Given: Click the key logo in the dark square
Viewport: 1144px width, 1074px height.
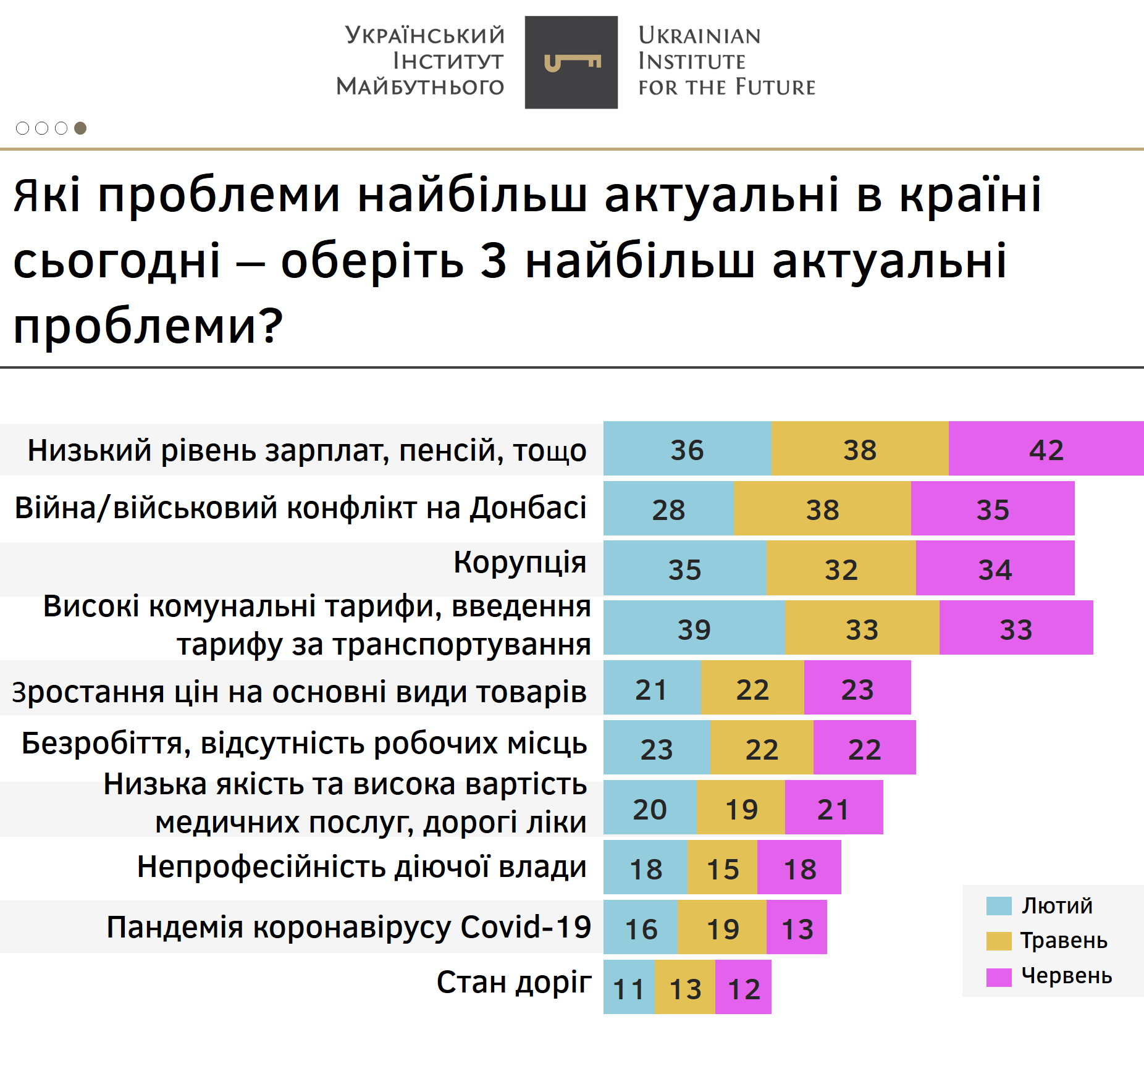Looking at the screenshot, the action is tap(572, 62).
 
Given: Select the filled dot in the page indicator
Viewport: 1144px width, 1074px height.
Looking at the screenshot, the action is tap(80, 128).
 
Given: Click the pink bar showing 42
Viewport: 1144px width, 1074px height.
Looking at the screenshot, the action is tap(1046, 448).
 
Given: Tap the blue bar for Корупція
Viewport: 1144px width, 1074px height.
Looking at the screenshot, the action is tap(685, 568).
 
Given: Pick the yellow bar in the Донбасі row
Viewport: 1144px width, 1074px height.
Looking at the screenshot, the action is tap(822, 508).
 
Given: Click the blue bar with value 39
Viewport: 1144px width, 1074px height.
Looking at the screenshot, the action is tap(694, 627).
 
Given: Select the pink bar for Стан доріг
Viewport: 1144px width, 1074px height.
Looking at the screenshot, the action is tap(743, 987).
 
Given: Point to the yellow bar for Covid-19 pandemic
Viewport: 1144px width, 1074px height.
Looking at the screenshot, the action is tap(722, 927).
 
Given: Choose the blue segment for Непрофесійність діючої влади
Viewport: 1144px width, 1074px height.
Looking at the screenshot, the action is tap(646, 867).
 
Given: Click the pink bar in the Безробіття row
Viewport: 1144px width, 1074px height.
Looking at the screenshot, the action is tap(865, 747).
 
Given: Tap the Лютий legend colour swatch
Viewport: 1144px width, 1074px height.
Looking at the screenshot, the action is tap(999, 906).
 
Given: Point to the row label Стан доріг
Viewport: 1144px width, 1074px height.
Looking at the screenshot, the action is tap(514, 982).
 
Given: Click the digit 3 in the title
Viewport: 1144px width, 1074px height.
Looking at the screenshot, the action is tap(494, 260).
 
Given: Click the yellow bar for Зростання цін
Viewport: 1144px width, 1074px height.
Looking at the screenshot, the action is tap(752, 687).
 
